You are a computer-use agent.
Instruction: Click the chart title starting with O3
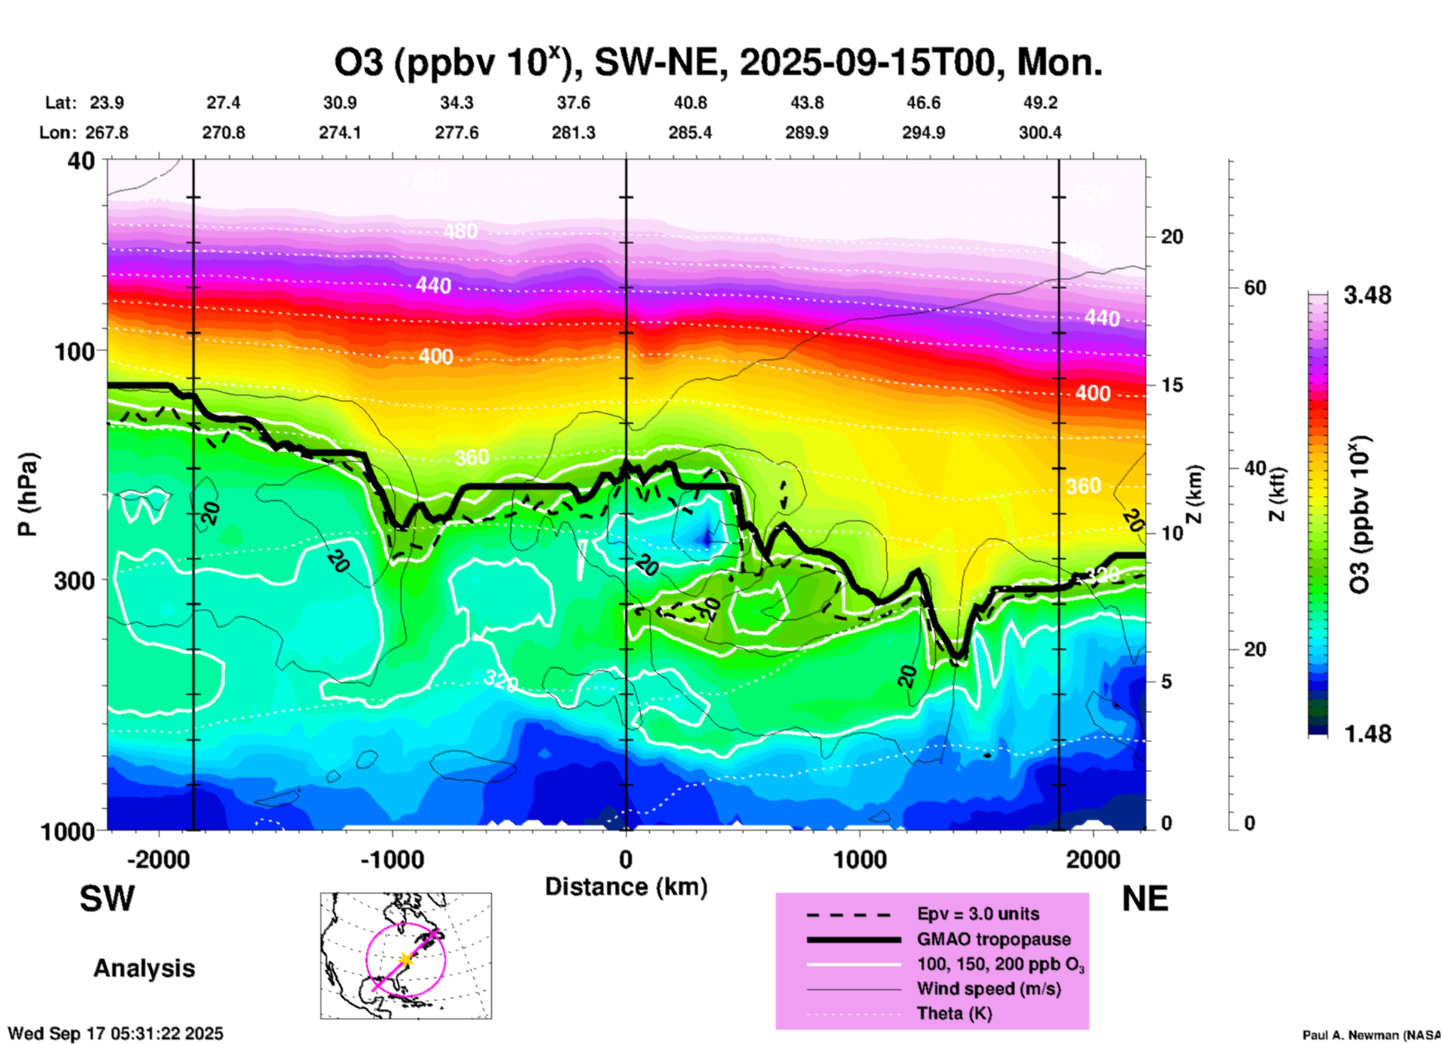point(717,63)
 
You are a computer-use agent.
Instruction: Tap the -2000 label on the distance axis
point(158,860)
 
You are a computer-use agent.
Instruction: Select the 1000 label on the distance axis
point(860,860)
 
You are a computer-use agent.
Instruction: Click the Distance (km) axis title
point(626,887)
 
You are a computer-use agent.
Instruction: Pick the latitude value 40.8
point(690,103)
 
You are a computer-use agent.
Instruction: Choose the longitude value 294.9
point(923,133)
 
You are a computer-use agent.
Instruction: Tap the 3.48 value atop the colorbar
point(1367,296)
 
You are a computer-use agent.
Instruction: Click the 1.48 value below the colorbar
point(1367,734)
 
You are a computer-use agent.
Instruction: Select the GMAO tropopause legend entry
point(994,939)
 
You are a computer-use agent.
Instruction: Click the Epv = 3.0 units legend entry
point(978,914)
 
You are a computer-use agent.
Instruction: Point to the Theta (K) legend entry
point(954,1013)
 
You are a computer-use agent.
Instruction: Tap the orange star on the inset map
point(405,959)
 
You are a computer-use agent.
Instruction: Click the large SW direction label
point(107,899)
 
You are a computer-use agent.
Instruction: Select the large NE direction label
point(1145,899)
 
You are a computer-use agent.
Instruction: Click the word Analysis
point(144,968)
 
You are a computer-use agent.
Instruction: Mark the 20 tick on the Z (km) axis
point(1172,237)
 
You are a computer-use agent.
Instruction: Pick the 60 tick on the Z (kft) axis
point(1255,288)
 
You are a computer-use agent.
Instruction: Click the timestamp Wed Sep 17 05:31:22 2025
point(116,1034)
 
